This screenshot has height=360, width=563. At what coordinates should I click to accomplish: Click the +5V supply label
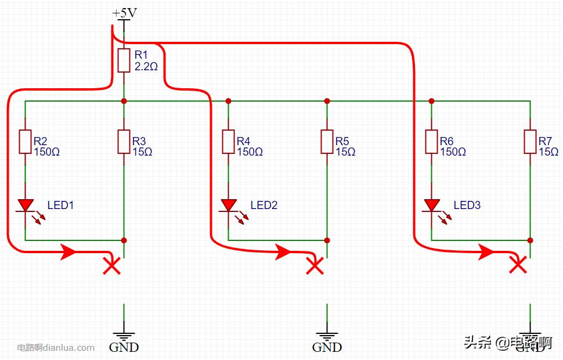(124, 12)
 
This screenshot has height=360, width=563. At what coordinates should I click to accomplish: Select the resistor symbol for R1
(124, 60)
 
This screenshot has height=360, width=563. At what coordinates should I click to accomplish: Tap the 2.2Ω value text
(146, 67)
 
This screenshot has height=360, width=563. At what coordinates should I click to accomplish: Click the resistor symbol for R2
(25, 142)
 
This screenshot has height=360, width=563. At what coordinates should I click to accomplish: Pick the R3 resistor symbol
(124, 142)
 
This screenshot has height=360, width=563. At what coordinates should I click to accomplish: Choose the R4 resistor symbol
(228, 142)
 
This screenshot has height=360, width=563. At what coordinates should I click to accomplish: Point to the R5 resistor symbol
(327, 142)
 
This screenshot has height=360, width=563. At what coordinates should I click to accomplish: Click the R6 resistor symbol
(431, 142)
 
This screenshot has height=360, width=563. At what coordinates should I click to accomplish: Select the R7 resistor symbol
(530, 142)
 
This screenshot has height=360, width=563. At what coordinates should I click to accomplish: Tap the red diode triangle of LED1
(25, 205)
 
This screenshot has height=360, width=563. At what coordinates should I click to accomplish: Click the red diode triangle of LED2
(228, 205)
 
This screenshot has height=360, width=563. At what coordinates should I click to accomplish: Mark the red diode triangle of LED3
(431, 205)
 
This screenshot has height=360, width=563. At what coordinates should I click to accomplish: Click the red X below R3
(111, 266)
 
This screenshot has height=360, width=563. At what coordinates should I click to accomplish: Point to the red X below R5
(315, 266)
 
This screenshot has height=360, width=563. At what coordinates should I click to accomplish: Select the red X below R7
(517, 265)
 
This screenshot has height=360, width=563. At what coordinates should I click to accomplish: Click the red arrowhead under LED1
(68, 252)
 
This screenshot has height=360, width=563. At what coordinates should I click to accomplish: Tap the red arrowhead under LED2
(283, 252)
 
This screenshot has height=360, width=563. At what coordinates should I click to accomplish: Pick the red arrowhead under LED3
(486, 252)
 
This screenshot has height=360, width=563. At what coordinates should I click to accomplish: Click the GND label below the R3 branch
(124, 347)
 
